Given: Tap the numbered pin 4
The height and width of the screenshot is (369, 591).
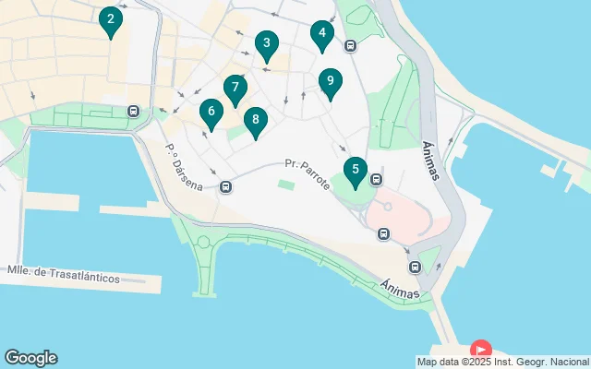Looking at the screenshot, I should (x=321, y=35).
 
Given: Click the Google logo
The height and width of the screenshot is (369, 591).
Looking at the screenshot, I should (x=30, y=358).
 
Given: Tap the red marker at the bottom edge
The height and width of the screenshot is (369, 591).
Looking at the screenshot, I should (x=481, y=351).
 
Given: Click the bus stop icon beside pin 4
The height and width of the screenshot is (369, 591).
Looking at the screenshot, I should (x=350, y=45).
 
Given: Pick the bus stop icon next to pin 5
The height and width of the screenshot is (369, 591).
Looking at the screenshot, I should (x=376, y=179).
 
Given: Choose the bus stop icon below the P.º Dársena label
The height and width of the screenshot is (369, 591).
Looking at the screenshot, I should (x=226, y=187).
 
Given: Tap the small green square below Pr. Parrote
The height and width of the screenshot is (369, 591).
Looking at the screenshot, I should (x=286, y=185).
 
